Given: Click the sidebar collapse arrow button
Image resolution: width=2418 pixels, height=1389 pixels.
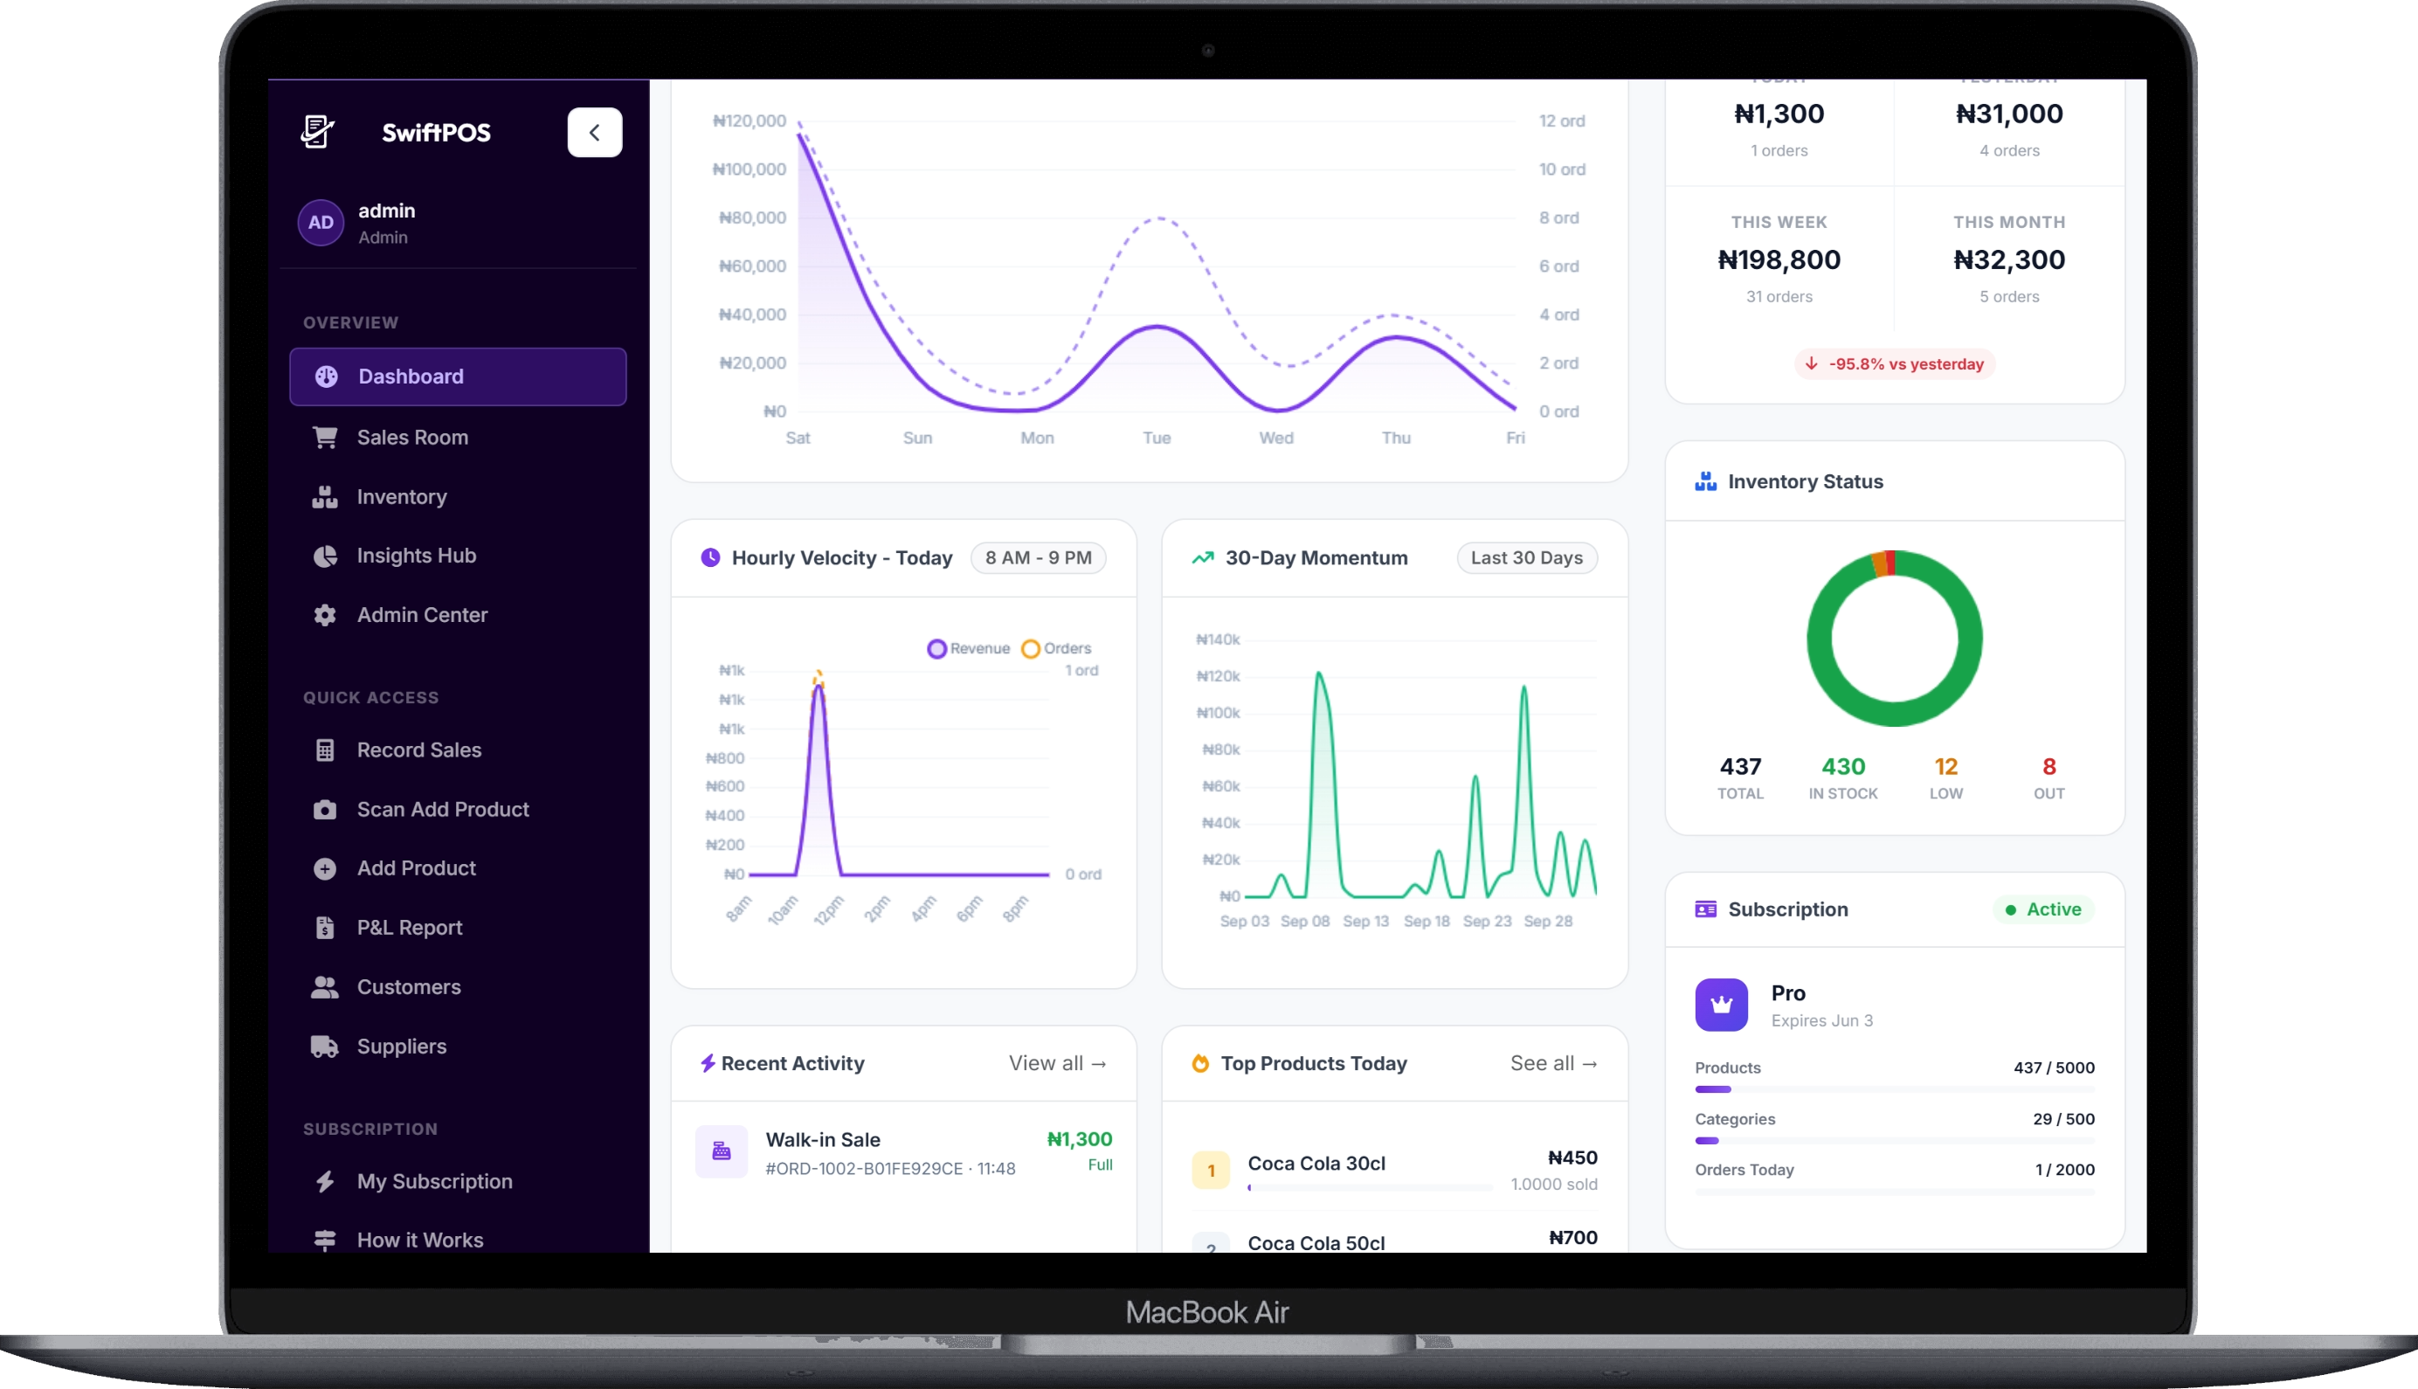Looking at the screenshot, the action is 594,133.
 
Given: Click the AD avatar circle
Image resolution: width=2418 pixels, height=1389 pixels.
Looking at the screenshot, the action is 321,222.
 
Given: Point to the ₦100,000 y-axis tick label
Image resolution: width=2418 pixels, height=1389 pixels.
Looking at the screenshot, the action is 750,169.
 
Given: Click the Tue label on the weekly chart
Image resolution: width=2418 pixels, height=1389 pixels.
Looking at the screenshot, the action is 1156,438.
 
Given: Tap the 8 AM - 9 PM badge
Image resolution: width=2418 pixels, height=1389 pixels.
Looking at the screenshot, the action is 1038,558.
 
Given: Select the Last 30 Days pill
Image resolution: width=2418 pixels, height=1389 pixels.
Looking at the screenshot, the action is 1526,558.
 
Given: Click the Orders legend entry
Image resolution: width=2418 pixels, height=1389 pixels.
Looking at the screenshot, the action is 1056,649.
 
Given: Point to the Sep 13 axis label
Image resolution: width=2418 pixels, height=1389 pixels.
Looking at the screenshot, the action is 1366,921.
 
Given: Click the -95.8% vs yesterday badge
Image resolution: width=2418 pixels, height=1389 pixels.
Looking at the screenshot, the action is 1895,363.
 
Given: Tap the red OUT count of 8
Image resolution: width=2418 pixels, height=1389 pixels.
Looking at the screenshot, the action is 2048,766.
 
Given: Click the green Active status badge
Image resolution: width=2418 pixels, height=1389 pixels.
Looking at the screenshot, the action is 2043,909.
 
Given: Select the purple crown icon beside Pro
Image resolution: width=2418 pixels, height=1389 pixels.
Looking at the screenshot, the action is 1721,1005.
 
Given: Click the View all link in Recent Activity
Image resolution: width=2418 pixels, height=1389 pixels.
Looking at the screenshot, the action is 1058,1063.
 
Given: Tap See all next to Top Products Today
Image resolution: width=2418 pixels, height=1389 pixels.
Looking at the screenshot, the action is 1554,1063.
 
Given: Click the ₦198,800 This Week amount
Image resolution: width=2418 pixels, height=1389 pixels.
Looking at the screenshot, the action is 1779,259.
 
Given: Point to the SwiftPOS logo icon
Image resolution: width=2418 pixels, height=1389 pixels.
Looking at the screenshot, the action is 318,132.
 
